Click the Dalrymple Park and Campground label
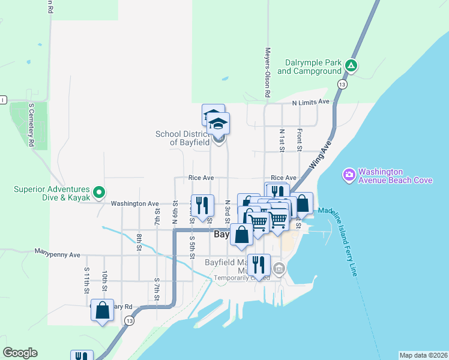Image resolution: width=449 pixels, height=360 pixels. pyautogui.click(x=309, y=67)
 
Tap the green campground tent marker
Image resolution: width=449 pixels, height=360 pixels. pyautogui.click(x=352, y=65)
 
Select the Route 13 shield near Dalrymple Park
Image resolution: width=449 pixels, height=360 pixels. pyautogui.click(x=341, y=84)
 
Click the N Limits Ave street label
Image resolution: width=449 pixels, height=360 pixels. pyautogui.click(x=311, y=102)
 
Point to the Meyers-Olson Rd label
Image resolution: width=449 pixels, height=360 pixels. pyautogui.click(x=268, y=73)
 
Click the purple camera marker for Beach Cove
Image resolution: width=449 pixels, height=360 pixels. pyautogui.click(x=349, y=175)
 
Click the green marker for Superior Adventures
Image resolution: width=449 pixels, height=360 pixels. pyautogui.click(x=100, y=193)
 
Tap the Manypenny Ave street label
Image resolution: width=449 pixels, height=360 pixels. pyautogui.click(x=57, y=254)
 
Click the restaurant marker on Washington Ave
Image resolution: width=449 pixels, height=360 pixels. pyautogui.click(x=202, y=205)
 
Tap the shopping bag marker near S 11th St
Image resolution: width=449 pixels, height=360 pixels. pyautogui.click(x=103, y=311)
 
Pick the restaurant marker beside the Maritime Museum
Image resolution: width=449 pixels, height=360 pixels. pyautogui.click(x=259, y=264)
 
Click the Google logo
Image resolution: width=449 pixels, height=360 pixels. pyautogui.click(x=20, y=353)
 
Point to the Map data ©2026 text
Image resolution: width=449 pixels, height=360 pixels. pyautogui.click(x=423, y=355)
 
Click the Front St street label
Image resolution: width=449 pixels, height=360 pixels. pyautogui.click(x=298, y=139)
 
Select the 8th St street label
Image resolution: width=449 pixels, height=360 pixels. pyautogui.click(x=139, y=241)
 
